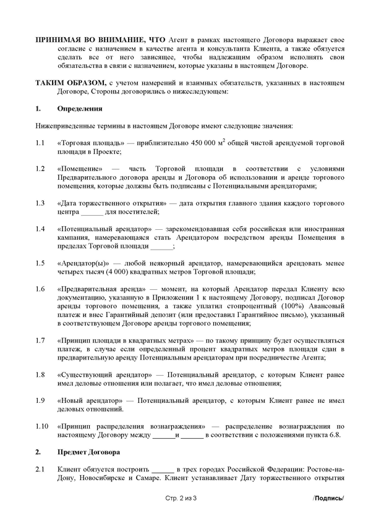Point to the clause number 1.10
point(41,426)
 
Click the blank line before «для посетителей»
point(93,212)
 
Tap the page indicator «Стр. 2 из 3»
point(185,498)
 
